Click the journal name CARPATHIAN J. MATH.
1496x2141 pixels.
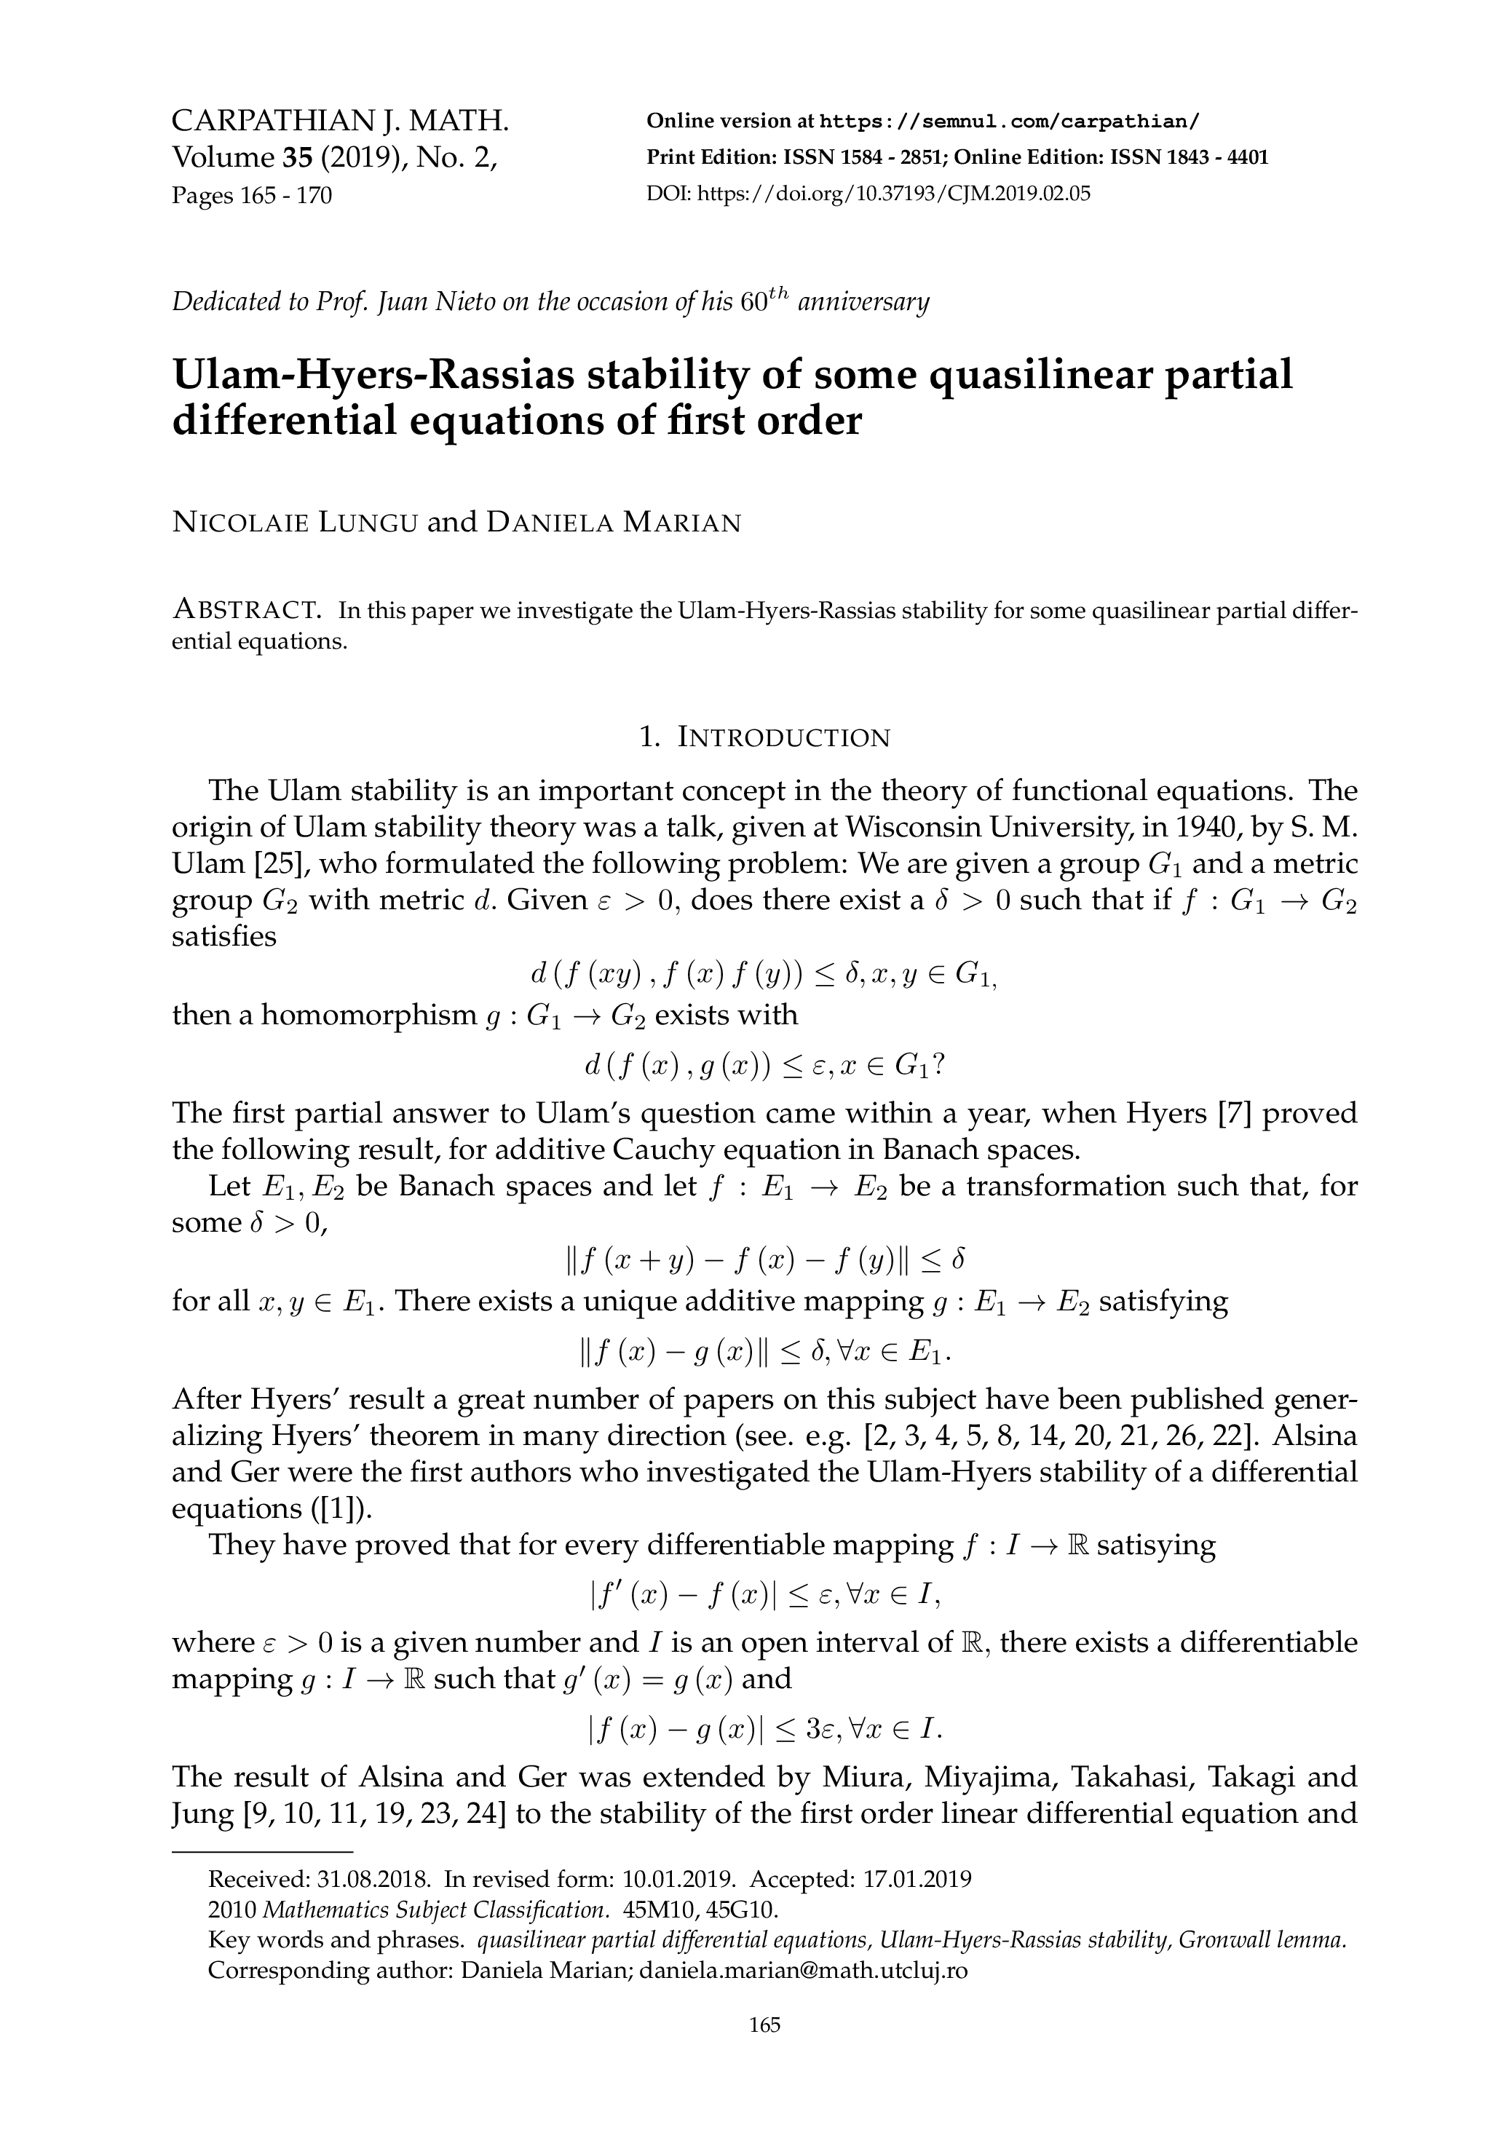coord(341,122)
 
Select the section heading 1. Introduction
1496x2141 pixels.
coord(764,737)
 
